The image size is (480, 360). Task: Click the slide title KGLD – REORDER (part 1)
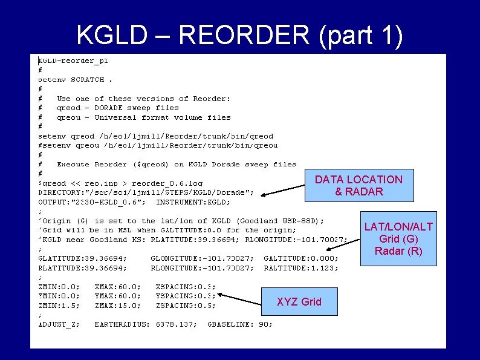point(239,37)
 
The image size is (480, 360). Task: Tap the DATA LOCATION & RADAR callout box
point(358,185)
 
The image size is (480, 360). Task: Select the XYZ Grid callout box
point(299,301)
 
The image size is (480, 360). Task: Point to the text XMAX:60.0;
point(118,286)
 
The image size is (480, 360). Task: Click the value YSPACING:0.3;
point(186,296)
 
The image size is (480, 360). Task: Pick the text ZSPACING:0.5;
point(186,306)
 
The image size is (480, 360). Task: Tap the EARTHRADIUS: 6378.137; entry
point(146,324)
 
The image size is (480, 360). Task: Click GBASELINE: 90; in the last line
point(240,324)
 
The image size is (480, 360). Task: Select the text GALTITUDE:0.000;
point(301,258)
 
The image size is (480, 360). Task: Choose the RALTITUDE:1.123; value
point(301,267)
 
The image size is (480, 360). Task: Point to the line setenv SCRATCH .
point(75,79)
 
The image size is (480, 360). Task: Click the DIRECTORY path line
point(146,192)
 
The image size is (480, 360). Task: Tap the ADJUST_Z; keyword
point(58,324)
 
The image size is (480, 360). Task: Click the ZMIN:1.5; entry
point(58,306)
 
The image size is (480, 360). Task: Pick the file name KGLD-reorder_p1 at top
point(73,61)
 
